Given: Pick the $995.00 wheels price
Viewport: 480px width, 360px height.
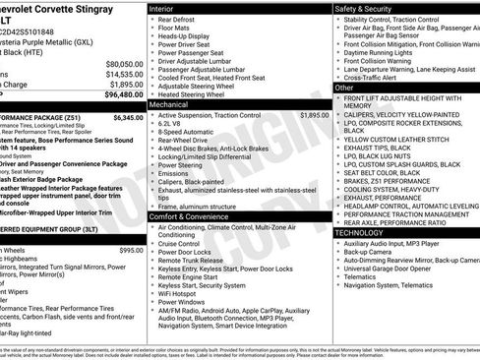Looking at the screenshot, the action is (131, 251).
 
